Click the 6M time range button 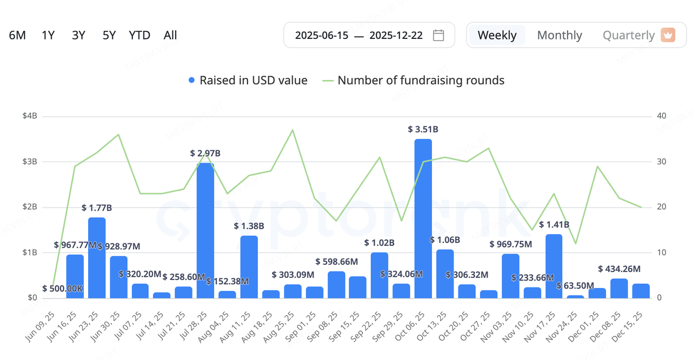pos(17,35)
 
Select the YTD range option pos(139,35)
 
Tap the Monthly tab pos(560,35)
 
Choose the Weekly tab pos(497,35)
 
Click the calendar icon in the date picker pos(438,35)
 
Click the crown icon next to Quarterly pos(668,35)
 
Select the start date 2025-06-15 pos(321,36)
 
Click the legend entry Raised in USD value pos(248,81)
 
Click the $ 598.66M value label pos(337,262)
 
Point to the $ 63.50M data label pos(575,285)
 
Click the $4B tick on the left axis pos(30,116)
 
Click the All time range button pos(170,35)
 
